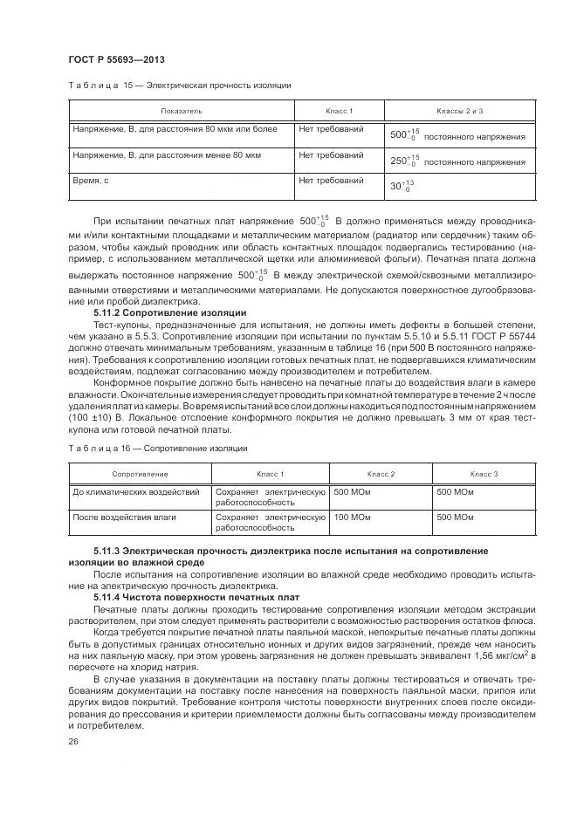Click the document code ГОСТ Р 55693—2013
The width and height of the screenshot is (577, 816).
116,59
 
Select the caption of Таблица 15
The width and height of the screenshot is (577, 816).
179,86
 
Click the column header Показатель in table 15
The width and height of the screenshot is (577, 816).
181,112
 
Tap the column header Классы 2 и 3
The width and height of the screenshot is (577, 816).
459,112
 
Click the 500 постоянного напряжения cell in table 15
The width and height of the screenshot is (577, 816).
457,136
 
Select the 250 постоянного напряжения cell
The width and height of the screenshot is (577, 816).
457,161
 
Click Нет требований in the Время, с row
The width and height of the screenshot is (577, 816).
331,181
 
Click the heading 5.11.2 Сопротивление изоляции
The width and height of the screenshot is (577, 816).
169,312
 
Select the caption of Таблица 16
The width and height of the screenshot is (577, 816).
157,448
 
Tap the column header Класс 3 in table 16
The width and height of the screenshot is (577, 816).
484,473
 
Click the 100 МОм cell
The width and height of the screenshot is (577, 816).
352,518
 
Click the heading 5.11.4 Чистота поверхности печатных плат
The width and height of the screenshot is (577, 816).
196,597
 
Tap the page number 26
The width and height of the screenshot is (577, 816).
73,741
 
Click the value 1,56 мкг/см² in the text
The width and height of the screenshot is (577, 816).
492,654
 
